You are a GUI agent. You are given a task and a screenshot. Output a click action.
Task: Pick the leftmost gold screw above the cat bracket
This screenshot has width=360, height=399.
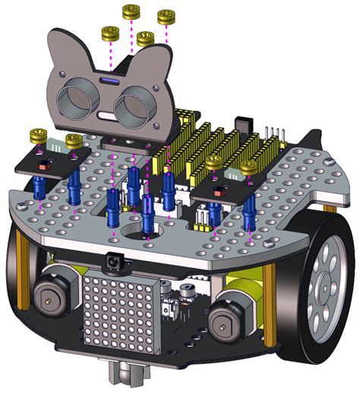point(110,33)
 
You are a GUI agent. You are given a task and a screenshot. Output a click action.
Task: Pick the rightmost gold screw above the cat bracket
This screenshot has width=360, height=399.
point(166,16)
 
